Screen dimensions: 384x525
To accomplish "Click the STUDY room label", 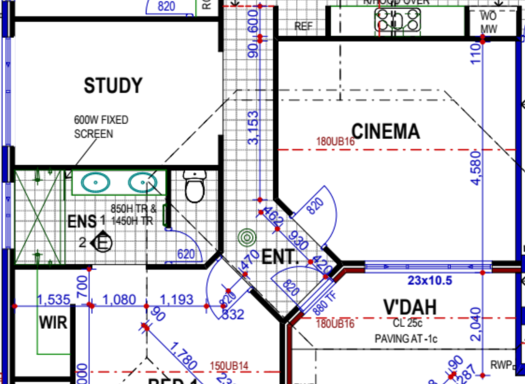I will (113, 86).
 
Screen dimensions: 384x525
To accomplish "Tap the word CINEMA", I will (386, 131).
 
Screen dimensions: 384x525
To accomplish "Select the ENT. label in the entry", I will (278, 257).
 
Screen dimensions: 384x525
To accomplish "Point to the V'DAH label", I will (410, 307).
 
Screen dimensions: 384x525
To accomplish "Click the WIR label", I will (53, 323).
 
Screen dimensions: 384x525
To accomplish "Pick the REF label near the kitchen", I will (303, 26).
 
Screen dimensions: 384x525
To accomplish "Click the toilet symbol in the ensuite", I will (195, 187).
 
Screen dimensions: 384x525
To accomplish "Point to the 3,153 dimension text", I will (253, 128).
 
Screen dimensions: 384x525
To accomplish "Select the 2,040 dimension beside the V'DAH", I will (476, 324).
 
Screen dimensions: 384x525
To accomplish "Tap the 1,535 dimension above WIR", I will (54, 300).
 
